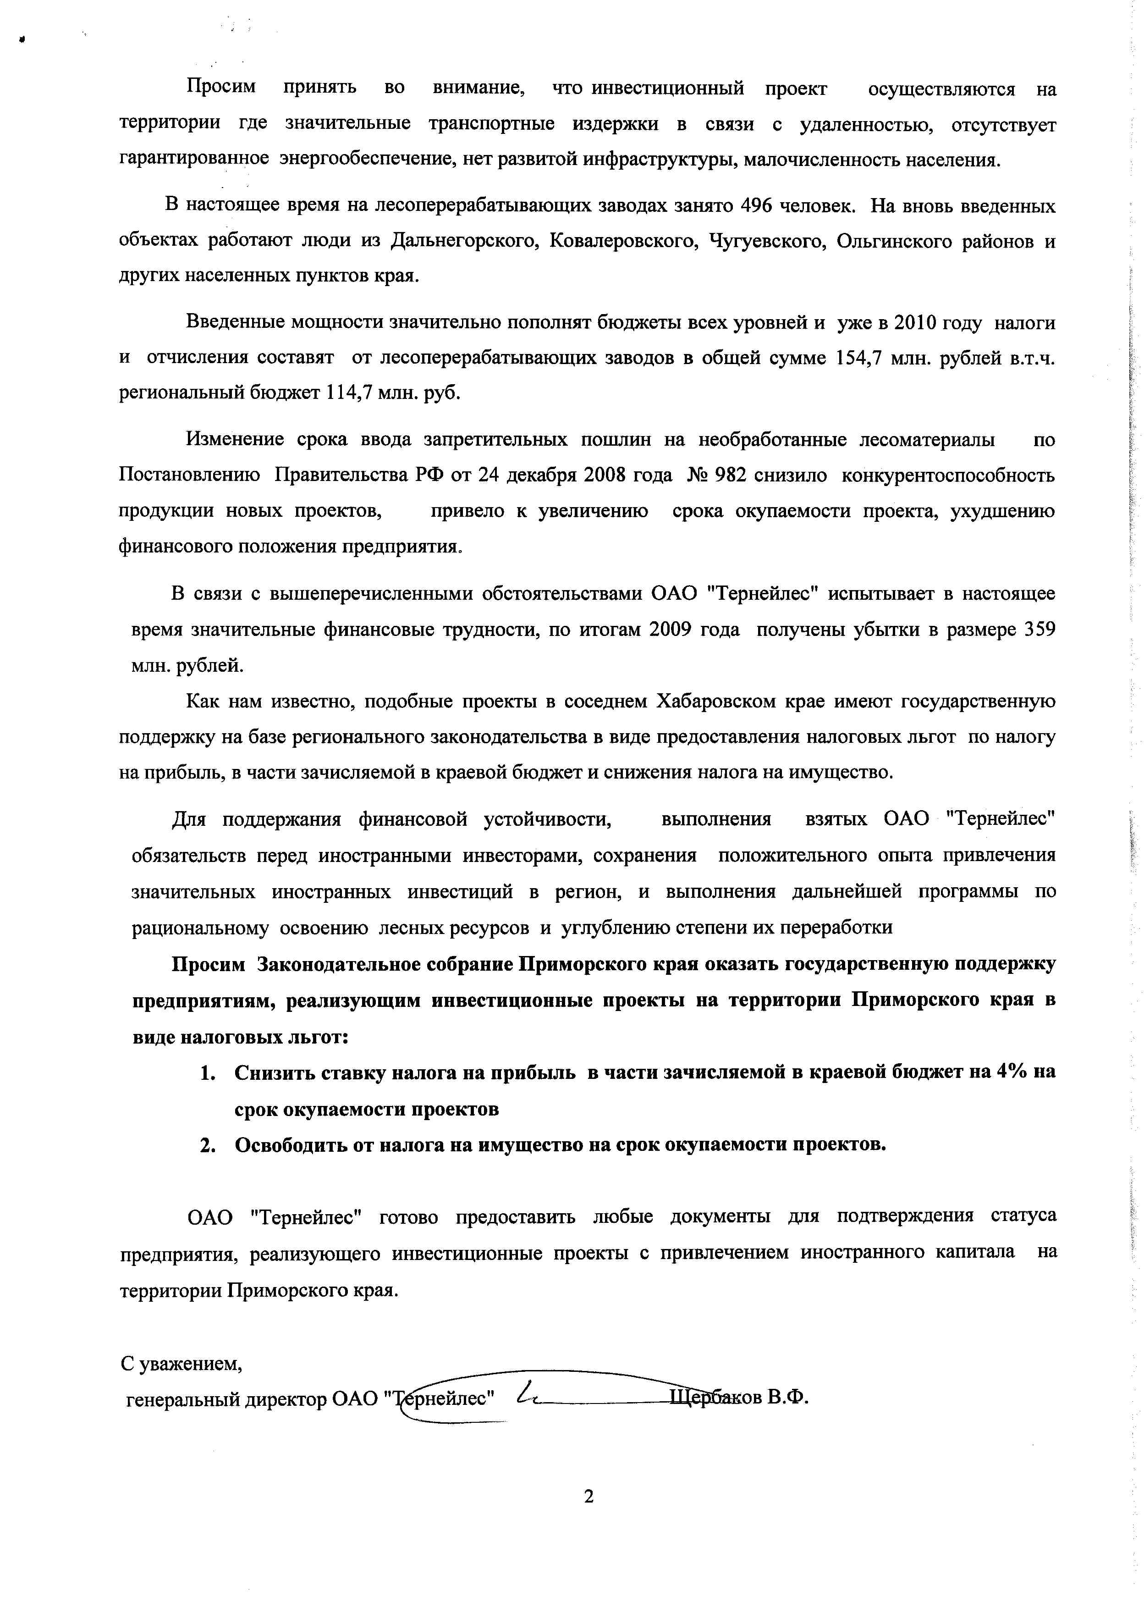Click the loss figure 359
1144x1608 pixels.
click(1039, 629)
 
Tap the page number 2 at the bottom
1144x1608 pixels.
click(589, 1496)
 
